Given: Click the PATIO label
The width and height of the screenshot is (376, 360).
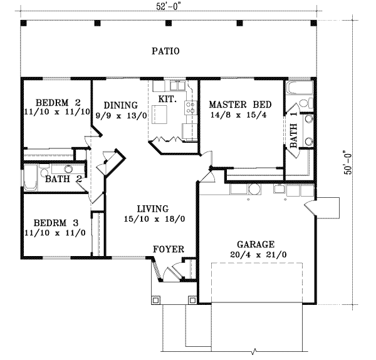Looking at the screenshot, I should [165, 51].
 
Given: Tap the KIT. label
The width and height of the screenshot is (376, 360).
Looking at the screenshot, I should [167, 99].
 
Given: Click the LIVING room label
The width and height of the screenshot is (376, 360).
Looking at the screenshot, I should [153, 209].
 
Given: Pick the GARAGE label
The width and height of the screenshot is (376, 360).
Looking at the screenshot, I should [256, 244].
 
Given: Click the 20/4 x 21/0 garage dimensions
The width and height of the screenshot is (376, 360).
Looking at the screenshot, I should [256, 255].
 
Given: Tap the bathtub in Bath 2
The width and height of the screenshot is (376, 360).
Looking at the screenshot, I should [30, 177].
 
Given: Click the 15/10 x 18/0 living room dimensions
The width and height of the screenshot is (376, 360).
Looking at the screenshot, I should [153, 220].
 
